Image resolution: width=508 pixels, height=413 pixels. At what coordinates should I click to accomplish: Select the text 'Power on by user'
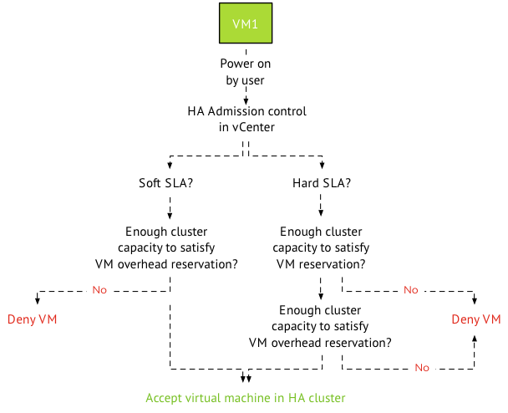click(x=246, y=72)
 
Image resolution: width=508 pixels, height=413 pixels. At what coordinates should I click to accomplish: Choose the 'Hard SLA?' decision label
click(x=322, y=183)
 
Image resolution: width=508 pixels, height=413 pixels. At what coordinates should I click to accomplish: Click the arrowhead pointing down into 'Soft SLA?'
click(x=170, y=165)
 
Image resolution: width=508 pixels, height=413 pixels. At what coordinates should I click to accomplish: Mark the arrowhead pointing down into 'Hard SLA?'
click(x=322, y=165)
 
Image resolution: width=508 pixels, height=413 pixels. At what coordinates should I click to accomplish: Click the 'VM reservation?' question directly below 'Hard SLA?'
click(x=321, y=247)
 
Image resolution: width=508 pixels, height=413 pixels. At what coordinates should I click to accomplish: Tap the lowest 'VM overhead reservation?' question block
click(x=321, y=326)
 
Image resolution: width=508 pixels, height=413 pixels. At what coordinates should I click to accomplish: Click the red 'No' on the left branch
click(x=99, y=290)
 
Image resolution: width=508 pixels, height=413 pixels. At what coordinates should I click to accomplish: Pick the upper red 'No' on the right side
click(x=410, y=290)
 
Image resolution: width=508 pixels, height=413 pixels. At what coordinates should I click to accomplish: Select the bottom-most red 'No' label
click(x=422, y=368)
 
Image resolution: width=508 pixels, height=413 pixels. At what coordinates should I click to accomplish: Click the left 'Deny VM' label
click(x=33, y=319)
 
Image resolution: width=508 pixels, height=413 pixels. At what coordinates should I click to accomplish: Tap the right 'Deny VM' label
click(x=476, y=319)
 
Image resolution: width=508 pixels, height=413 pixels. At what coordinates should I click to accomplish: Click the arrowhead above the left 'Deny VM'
click(x=37, y=300)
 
